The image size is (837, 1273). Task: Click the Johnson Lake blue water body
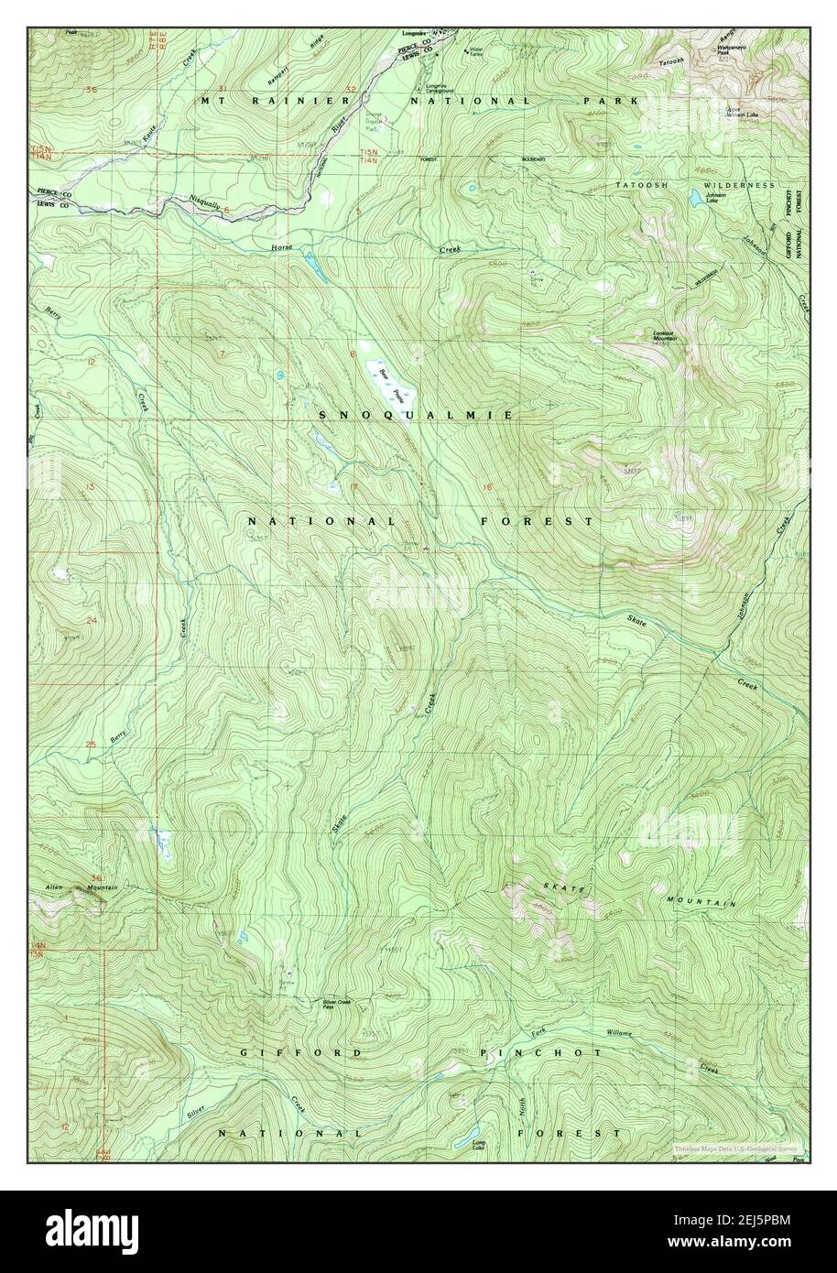(x=696, y=197)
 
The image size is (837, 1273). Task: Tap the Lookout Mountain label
(x=666, y=336)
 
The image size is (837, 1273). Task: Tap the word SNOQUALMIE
(x=415, y=416)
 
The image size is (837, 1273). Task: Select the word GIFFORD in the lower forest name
(x=302, y=1053)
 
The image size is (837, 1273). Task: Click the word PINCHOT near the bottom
(x=540, y=1053)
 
